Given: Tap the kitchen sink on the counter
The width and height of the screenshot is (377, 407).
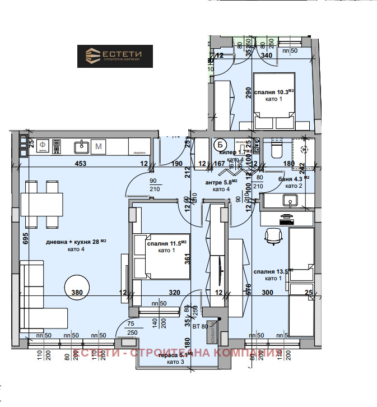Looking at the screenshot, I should click(x=82, y=146).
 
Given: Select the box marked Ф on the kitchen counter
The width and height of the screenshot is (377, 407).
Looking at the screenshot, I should click(x=42, y=146).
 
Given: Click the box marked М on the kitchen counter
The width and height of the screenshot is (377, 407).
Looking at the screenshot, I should click(x=99, y=146).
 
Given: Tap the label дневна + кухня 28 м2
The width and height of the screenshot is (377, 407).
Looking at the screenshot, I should click(x=76, y=242).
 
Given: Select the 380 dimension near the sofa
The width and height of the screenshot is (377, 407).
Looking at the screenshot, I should click(x=77, y=292).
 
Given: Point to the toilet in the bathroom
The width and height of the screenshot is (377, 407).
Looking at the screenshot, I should click(x=276, y=149).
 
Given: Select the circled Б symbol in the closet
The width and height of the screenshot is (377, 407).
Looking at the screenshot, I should click(x=220, y=144).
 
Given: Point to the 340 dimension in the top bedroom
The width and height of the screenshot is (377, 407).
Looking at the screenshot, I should click(x=267, y=55).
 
